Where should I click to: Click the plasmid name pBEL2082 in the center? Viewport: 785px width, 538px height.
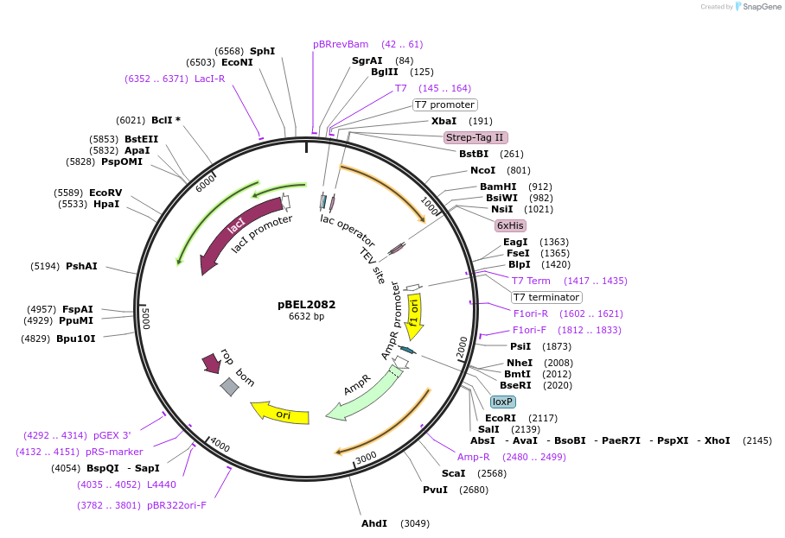306,304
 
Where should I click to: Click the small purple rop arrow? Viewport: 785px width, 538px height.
211,362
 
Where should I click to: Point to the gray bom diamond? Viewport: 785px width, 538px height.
229,387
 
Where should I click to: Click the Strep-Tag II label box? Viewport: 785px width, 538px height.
475,137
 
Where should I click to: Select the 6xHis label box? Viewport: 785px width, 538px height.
510,225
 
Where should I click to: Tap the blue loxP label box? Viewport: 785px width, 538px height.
502,402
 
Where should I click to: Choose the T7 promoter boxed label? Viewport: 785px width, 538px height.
444,105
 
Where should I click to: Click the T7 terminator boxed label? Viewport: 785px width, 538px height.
546,297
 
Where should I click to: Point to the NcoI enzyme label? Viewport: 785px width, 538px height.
482,170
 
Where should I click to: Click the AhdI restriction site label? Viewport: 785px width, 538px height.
373,523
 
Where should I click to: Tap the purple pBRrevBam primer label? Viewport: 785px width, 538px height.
341,44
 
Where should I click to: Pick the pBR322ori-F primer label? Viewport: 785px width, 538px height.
176,505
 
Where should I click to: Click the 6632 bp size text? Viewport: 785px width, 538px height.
306,317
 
